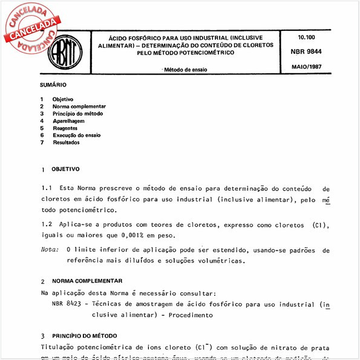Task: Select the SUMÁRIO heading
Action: point(53,85)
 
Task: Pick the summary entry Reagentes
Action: point(65,128)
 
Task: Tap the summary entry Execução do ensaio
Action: point(77,136)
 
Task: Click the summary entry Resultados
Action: point(67,143)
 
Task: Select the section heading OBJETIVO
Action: point(65,169)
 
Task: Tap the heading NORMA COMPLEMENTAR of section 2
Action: point(87,281)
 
